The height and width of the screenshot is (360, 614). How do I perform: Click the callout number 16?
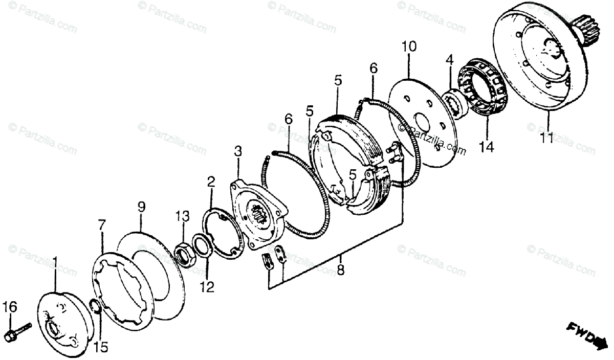point(10,307)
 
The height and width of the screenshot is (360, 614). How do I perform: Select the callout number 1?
point(56,263)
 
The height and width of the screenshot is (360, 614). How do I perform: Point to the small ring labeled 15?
point(95,307)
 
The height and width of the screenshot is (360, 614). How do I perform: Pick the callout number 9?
point(142,207)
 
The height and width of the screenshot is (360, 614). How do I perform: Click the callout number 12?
point(207,287)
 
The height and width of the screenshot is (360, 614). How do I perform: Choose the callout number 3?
point(238,151)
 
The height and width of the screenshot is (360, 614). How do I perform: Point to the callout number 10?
point(409,47)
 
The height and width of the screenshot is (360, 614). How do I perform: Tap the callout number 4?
point(449,59)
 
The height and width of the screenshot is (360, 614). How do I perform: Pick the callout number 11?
point(547,138)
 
